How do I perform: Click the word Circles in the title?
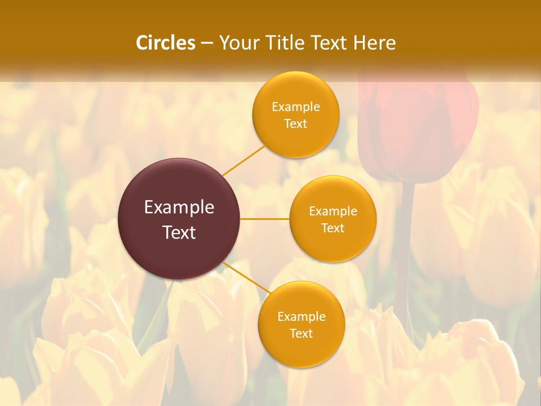(166, 43)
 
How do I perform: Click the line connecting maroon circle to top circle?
(243, 160)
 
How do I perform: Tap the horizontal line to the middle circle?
(265, 219)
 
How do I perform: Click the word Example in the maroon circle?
(179, 208)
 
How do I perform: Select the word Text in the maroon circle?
(179, 232)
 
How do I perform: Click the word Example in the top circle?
(296, 107)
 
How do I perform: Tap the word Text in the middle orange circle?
(332, 228)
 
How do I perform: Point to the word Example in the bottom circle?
(301, 317)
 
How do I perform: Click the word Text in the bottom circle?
(301, 334)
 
